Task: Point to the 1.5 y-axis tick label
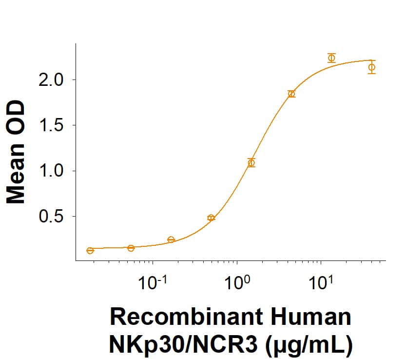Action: (51, 125)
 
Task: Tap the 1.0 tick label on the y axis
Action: (51, 171)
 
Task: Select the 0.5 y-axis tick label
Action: (51, 217)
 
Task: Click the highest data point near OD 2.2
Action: (331, 58)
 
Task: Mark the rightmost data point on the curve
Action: (372, 67)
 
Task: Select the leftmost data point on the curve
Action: (90, 251)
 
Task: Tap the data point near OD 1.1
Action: (251, 163)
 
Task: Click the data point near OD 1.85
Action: (291, 94)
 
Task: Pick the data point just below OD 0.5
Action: (211, 218)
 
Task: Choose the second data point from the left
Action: (131, 248)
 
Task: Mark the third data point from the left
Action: (171, 240)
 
